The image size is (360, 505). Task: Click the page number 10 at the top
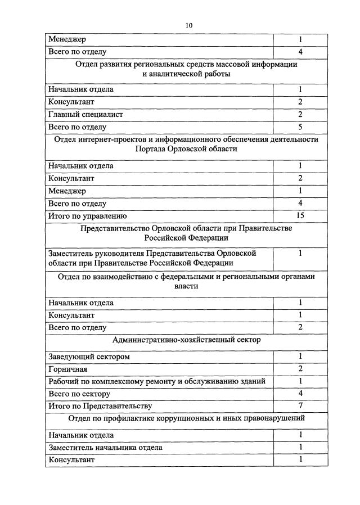click(188, 25)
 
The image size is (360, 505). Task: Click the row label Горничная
click(67, 369)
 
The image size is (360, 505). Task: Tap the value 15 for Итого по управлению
click(300, 216)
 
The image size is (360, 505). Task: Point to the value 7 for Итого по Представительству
click(300, 406)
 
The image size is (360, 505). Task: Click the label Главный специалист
click(85, 114)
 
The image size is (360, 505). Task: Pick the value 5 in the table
click(300, 127)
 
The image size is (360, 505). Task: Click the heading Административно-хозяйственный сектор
click(186, 340)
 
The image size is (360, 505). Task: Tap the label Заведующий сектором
click(89, 357)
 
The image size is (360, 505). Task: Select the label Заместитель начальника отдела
click(105, 447)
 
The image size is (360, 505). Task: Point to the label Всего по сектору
click(79, 394)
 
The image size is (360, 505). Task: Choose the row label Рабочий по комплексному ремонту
click(156, 381)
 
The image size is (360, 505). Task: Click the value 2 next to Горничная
click(300, 369)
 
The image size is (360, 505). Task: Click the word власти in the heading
click(186, 286)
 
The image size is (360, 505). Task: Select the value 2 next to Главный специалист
click(300, 114)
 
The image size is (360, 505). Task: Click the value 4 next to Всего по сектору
click(300, 394)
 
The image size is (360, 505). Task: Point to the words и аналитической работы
click(186, 74)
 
